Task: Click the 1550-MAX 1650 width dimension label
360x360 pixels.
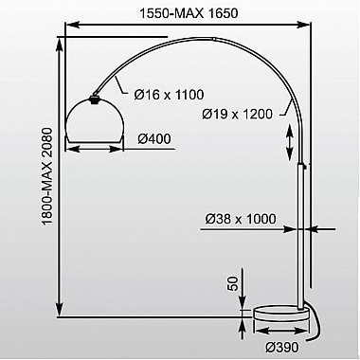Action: pos(189,13)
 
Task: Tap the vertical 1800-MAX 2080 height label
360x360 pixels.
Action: pos(47,176)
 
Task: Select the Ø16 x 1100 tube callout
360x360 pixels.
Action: pos(169,95)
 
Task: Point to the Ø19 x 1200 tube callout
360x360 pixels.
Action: pos(237,114)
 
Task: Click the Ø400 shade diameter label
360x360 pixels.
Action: pos(154,138)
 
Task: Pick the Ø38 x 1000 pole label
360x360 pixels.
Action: pos(241,219)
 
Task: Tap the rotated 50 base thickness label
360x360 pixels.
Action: pos(232,283)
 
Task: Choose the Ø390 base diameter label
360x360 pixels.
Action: pos(281,348)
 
